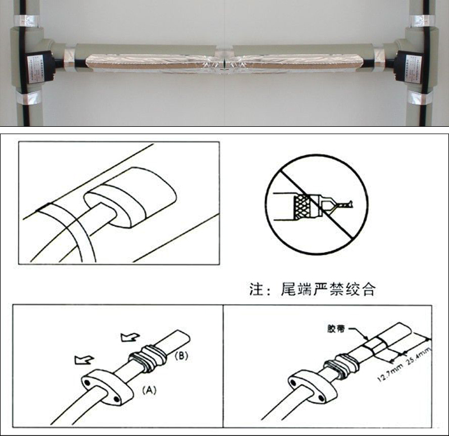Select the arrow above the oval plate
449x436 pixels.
[84, 359]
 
